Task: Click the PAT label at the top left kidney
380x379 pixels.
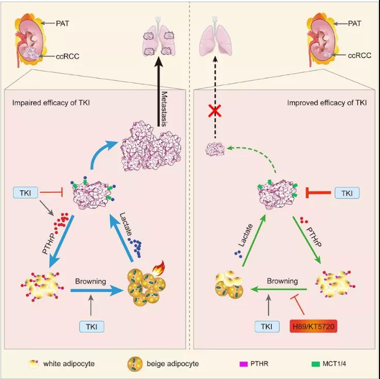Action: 64,22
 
